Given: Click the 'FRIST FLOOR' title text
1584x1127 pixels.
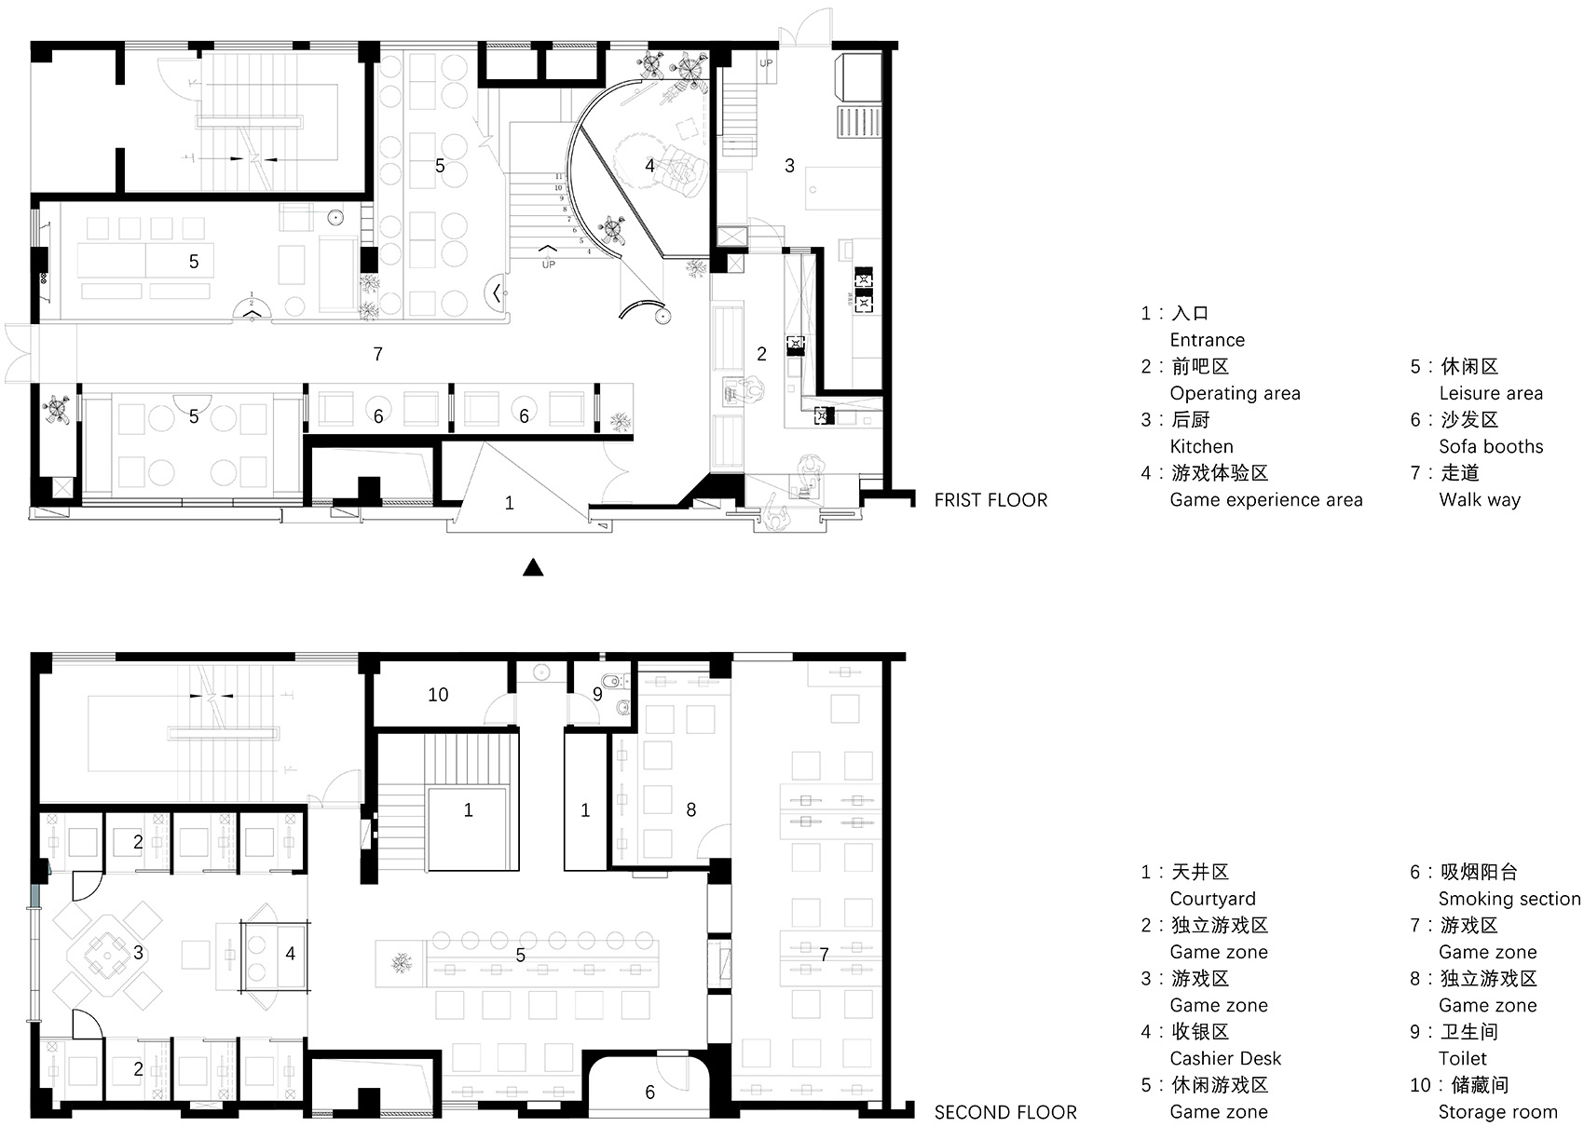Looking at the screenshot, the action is click(990, 500).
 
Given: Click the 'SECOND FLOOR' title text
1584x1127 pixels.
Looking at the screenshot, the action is click(1005, 1112).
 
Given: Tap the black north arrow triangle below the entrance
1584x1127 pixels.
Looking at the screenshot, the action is click(533, 567).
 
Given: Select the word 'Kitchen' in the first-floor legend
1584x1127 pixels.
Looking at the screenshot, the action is click(1201, 447).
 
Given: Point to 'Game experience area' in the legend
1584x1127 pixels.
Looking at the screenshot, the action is click(1265, 500).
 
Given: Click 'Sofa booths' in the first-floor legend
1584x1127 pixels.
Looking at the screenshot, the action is click(1491, 447).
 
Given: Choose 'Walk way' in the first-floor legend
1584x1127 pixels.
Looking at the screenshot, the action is click(1480, 500).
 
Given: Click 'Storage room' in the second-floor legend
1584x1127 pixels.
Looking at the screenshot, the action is click(1497, 1112).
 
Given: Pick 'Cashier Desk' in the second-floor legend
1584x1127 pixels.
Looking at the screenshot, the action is click(1225, 1058).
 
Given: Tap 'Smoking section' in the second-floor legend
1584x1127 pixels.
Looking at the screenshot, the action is click(1509, 900).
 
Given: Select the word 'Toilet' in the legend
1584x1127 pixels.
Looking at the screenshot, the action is click(1462, 1058).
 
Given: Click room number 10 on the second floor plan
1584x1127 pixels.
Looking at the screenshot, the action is click(438, 695).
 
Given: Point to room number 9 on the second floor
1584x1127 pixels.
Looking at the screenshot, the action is click(597, 695).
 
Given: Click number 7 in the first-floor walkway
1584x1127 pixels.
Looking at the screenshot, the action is click(378, 354).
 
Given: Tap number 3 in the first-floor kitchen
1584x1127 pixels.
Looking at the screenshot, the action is click(790, 166).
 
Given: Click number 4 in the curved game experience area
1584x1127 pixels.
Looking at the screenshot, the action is click(649, 166).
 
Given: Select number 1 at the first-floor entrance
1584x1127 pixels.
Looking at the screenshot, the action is click(509, 503).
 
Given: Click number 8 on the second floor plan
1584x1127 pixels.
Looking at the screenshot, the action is click(690, 809).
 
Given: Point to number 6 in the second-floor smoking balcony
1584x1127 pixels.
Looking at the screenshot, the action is click(649, 1093).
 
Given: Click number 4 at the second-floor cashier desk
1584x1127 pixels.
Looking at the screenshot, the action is click(290, 954).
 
